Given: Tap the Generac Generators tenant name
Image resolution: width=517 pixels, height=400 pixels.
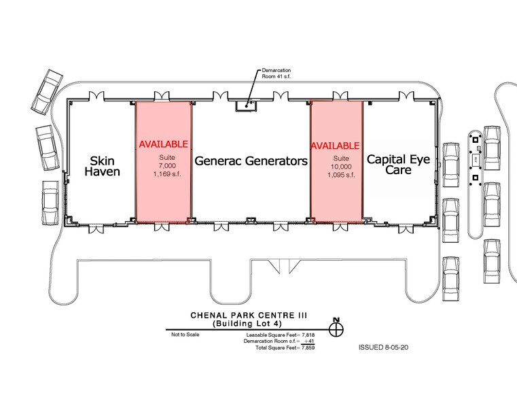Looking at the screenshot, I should click(251, 161).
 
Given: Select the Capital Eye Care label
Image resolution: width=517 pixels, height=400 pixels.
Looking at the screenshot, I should click(397, 164).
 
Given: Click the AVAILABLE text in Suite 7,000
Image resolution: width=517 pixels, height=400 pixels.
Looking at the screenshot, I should click(163, 145).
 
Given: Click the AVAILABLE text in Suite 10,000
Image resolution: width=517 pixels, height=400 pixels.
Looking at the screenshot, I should click(336, 146).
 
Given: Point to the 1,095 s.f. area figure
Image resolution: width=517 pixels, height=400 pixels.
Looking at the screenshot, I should click(336, 175).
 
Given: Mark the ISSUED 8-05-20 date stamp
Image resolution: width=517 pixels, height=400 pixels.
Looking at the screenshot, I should click(382, 347).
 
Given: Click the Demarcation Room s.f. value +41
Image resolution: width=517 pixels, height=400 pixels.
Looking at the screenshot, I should click(306, 341).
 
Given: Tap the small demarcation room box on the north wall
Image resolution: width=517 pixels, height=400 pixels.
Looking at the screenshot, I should click(245, 105).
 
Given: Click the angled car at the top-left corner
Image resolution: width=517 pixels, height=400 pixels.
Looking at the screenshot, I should click(47, 91).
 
